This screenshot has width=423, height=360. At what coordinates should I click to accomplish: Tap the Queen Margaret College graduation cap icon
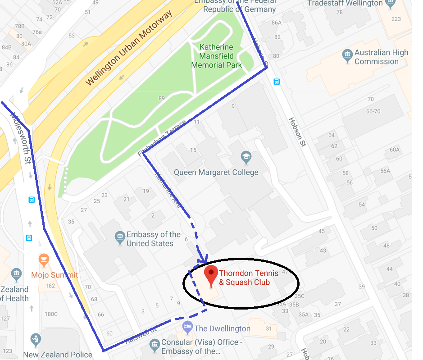click(x=246, y=158)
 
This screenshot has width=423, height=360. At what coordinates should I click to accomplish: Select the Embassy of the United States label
click(x=153, y=239)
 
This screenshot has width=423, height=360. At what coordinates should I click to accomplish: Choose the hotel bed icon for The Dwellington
click(x=187, y=326)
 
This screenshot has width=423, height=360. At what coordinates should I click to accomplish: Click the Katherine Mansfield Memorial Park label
click(x=216, y=56)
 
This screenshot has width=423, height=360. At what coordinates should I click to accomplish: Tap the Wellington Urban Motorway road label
click(x=129, y=49)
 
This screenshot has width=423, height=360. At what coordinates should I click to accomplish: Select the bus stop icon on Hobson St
click(x=277, y=82)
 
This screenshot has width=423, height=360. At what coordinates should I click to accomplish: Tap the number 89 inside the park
click(x=162, y=98)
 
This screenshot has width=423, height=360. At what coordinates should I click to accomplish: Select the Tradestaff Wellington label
click(x=345, y=4)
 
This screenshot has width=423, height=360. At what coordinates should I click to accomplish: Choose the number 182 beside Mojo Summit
click(x=50, y=286)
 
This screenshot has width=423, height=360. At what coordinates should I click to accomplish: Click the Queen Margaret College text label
click(x=216, y=172)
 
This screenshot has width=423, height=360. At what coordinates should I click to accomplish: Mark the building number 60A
click(x=395, y=150)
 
